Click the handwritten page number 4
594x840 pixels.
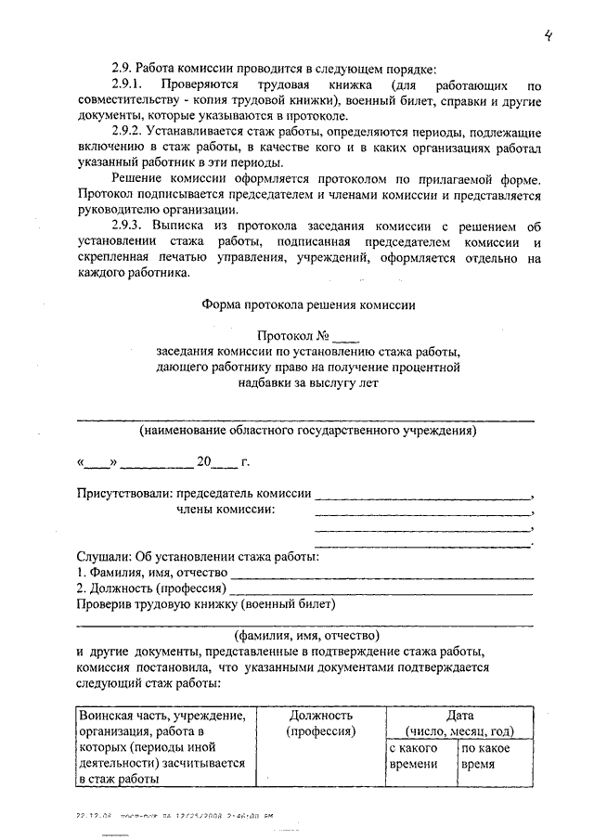point(549,36)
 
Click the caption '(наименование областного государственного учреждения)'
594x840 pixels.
point(308,431)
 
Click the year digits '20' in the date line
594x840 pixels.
point(204,460)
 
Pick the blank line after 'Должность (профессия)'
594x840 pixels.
point(381,588)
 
